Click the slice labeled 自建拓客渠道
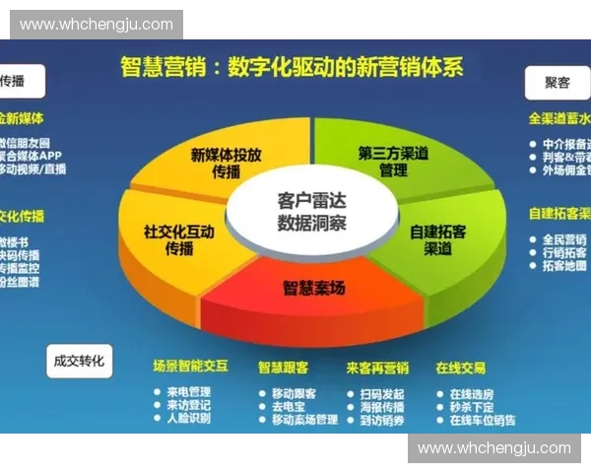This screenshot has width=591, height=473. (x=438, y=239)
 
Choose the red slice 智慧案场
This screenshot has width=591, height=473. (x=313, y=288)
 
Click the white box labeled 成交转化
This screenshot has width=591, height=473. (x=80, y=361)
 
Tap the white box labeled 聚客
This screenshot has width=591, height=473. (x=557, y=83)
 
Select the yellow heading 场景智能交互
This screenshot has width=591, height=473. (x=190, y=367)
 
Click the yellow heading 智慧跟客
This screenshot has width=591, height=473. (x=283, y=368)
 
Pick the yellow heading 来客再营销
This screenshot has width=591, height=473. (x=377, y=368)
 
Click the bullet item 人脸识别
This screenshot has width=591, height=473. (x=188, y=418)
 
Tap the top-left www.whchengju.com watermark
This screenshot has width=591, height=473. (x=96, y=25)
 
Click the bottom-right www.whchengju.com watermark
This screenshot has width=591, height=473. (x=493, y=448)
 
